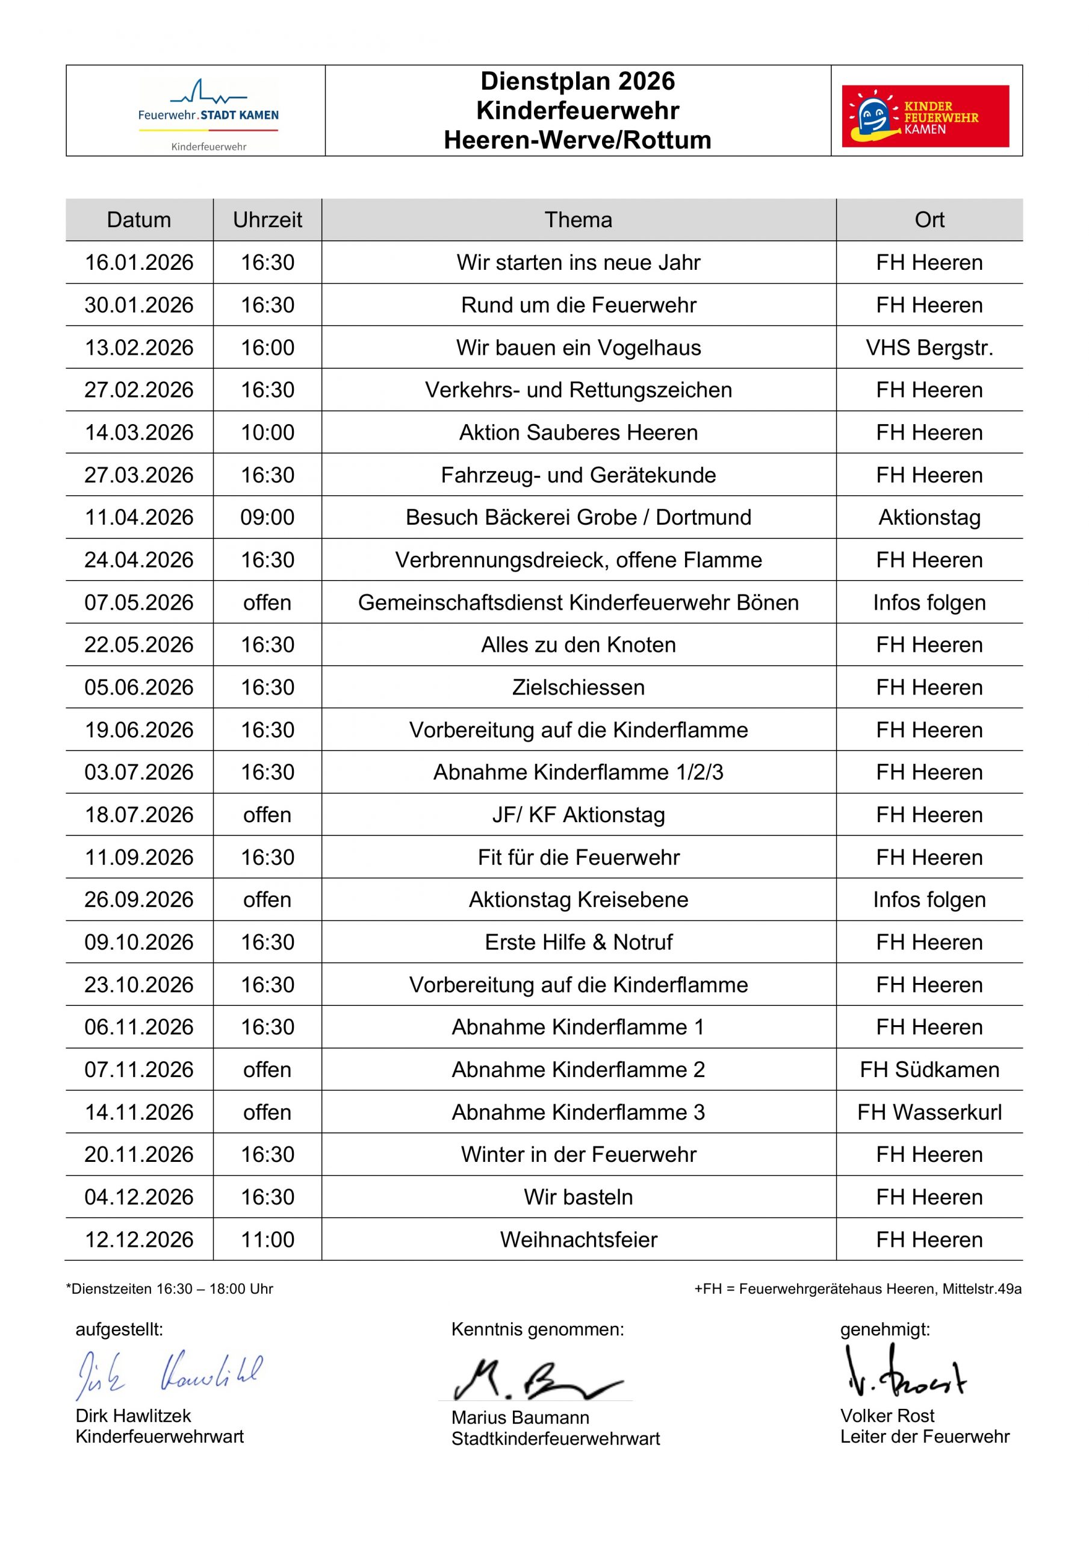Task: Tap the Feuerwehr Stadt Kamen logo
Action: click(208, 113)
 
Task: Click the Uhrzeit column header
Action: click(267, 220)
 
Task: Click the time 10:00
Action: click(267, 432)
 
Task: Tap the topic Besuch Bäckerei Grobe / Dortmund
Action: click(578, 517)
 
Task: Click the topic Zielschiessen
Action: click(578, 687)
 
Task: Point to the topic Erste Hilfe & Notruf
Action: click(578, 941)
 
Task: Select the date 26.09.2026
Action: click(139, 899)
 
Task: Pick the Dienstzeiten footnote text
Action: click(169, 1289)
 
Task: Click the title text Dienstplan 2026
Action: click(577, 81)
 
